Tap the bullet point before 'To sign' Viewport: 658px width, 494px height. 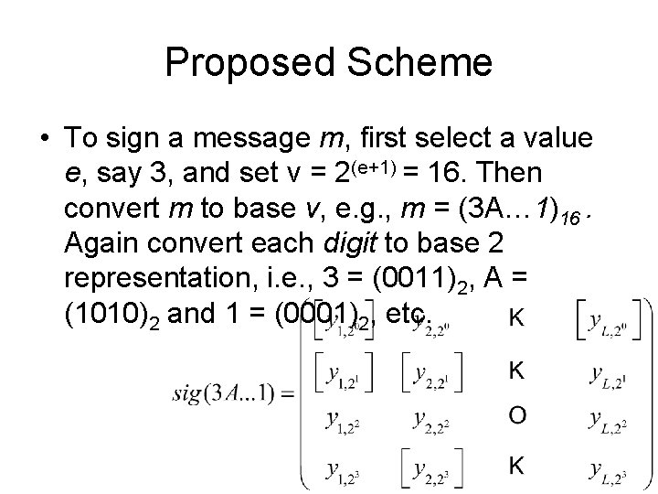[45, 139]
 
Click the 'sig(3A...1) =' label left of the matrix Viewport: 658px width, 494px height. [232, 394]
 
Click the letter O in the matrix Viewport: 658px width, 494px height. [516, 416]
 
